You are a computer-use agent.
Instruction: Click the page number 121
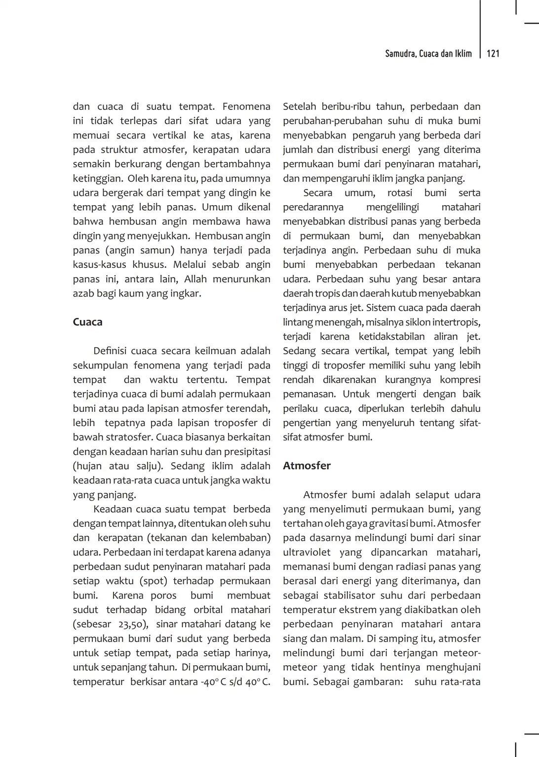(x=493, y=54)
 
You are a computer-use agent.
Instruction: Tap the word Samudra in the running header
(x=400, y=54)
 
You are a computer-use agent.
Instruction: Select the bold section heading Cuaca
(x=87, y=322)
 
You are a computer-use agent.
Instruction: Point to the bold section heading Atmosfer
(x=307, y=466)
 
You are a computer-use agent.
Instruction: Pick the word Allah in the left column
(x=195, y=279)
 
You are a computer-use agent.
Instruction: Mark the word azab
(x=83, y=293)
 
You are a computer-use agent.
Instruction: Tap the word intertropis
(x=455, y=322)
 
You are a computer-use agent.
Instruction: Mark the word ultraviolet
(x=306, y=552)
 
